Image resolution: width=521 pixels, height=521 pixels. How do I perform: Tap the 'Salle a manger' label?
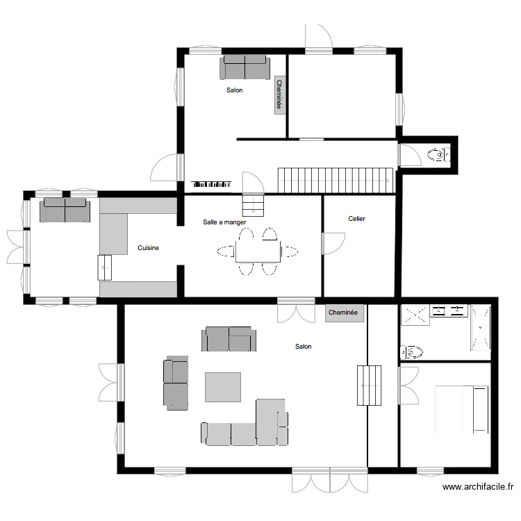[224, 222]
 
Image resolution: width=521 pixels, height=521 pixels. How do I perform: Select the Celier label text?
[356, 219]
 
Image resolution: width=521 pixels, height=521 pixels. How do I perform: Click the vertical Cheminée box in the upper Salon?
[280, 95]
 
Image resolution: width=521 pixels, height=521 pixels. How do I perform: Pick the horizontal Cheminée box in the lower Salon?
[343, 313]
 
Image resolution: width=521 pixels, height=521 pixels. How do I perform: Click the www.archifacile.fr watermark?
[479, 488]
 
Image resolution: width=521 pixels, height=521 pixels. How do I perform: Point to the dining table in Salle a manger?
[258, 251]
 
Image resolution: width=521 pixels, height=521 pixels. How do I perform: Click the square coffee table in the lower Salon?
[222, 387]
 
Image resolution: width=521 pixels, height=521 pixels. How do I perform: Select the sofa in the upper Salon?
[245, 68]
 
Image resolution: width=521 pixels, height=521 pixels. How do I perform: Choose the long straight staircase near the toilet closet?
[336, 180]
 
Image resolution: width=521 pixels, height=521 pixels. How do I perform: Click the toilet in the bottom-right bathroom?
[411, 352]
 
